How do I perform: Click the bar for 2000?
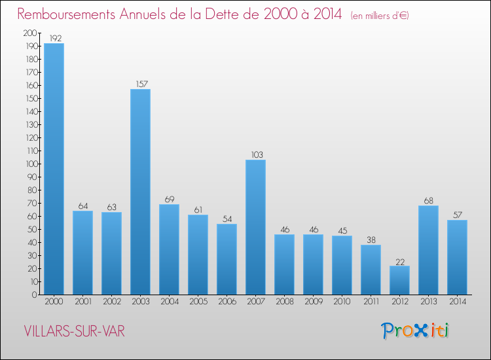(54, 169)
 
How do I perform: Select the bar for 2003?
(140, 192)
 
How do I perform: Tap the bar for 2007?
(255, 227)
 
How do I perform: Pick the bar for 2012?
(399, 280)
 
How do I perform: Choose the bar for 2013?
(428, 250)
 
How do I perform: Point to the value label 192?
(54, 39)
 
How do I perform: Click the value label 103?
(255, 155)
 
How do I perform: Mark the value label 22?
(399, 261)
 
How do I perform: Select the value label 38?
(371, 240)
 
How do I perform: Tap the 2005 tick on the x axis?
(198, 302)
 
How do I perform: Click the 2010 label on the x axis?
(342, 302)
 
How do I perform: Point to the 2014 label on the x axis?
(457, 302)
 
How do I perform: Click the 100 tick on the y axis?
(29, 164)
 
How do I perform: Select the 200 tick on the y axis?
(29, 33)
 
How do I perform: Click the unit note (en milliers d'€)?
(380, 15)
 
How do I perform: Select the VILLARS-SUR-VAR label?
(73, 331)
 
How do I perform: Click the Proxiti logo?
(415, 331)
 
